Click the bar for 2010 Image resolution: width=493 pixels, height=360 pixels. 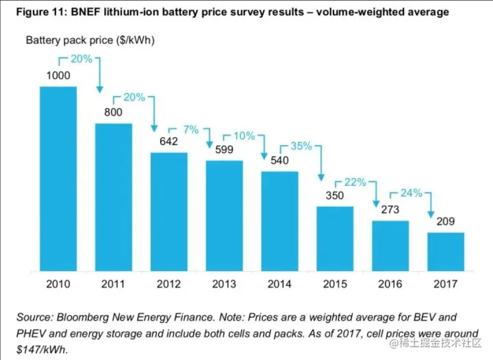(58, 178)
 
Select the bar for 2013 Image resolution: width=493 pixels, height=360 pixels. (224, 215)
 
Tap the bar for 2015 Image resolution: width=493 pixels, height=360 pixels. (335, 237)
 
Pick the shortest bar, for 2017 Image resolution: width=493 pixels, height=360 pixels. (446, 251)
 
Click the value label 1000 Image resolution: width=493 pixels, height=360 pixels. (58, 75)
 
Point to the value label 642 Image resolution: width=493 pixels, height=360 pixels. (168, 142)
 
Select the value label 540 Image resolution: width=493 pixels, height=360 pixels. (279, 161)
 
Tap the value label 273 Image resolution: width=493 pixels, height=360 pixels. (390, 210)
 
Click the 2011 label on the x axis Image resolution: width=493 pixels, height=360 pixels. (114, 283)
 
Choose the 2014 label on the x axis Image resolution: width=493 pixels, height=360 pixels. (279, 283)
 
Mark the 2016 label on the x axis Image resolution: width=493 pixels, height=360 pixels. (390, 283)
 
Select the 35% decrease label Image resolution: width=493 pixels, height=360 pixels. (301, 146)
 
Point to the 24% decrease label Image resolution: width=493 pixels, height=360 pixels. (411, 194)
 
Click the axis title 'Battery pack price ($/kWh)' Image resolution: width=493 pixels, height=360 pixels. (90, 40)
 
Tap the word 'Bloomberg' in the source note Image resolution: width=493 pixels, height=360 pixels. (94, 318)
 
